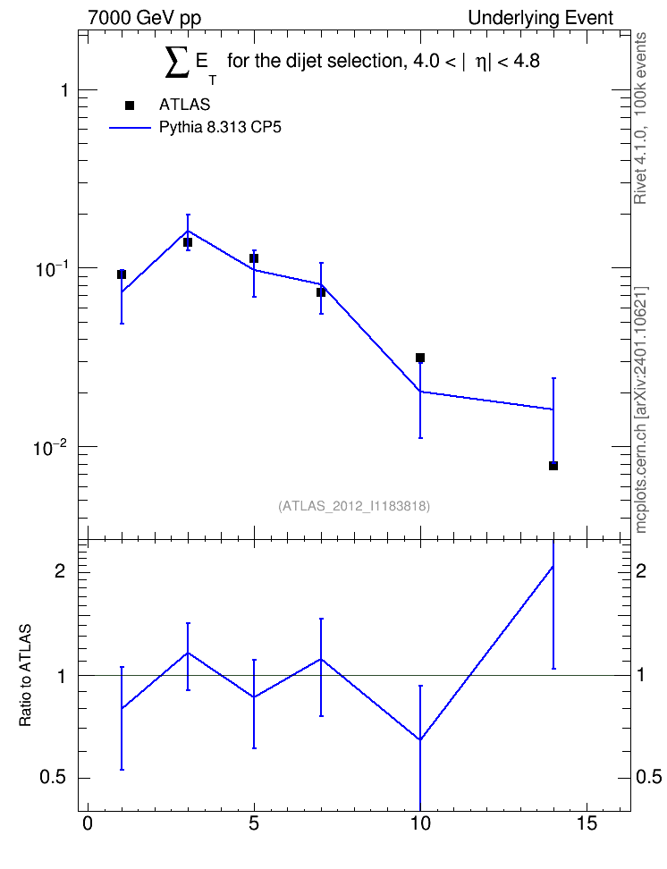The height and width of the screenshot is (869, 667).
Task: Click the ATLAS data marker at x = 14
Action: coord(553,466)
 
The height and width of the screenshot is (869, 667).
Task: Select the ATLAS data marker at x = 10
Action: coord(420,358)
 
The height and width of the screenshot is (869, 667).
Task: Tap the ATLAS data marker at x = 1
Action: coord(122,274)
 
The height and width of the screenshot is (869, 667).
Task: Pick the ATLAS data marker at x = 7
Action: coord(321,292)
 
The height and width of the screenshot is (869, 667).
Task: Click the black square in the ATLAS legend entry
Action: coord(130,105)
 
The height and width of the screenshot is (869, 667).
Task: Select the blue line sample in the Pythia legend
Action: coord(130,128)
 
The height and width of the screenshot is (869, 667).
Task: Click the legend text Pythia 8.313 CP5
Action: coord(220,128)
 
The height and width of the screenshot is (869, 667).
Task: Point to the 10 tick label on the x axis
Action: coord(420,823)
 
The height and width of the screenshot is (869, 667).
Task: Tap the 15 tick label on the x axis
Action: coord(587,823)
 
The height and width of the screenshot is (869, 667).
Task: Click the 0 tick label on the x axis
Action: coord(88,823)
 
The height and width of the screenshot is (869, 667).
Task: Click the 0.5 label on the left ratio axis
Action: coord(54,778)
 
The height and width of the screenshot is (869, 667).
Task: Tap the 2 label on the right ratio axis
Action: coord(641,570)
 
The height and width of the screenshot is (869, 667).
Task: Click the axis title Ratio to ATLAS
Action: coord(25,675)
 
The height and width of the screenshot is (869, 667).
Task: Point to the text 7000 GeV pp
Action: coord(144,18)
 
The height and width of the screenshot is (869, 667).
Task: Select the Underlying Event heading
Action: coord(541,18)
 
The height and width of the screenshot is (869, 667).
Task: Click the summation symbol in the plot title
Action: coord(177,61)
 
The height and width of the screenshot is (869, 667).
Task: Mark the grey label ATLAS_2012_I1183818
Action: coord(354,506)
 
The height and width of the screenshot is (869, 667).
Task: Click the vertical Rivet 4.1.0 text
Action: coord(640,118)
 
